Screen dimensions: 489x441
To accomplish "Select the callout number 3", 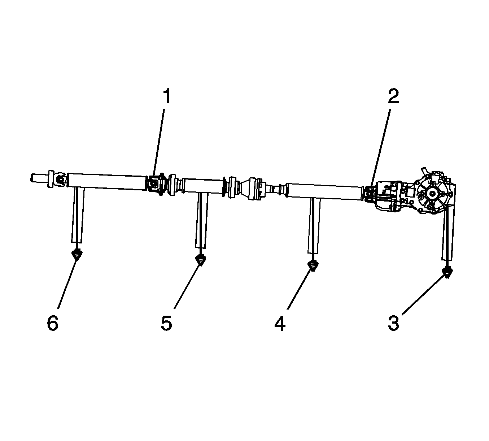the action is (394, 323).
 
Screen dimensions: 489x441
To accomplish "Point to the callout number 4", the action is (280, 323).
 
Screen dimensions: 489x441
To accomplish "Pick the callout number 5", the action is (166, 323).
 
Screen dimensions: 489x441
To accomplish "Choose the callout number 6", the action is (53, 323).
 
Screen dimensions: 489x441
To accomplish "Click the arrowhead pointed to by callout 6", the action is (77, 255).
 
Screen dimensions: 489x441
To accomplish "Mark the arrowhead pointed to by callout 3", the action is (447, 273).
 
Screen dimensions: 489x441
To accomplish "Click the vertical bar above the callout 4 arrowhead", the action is (314, 225).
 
